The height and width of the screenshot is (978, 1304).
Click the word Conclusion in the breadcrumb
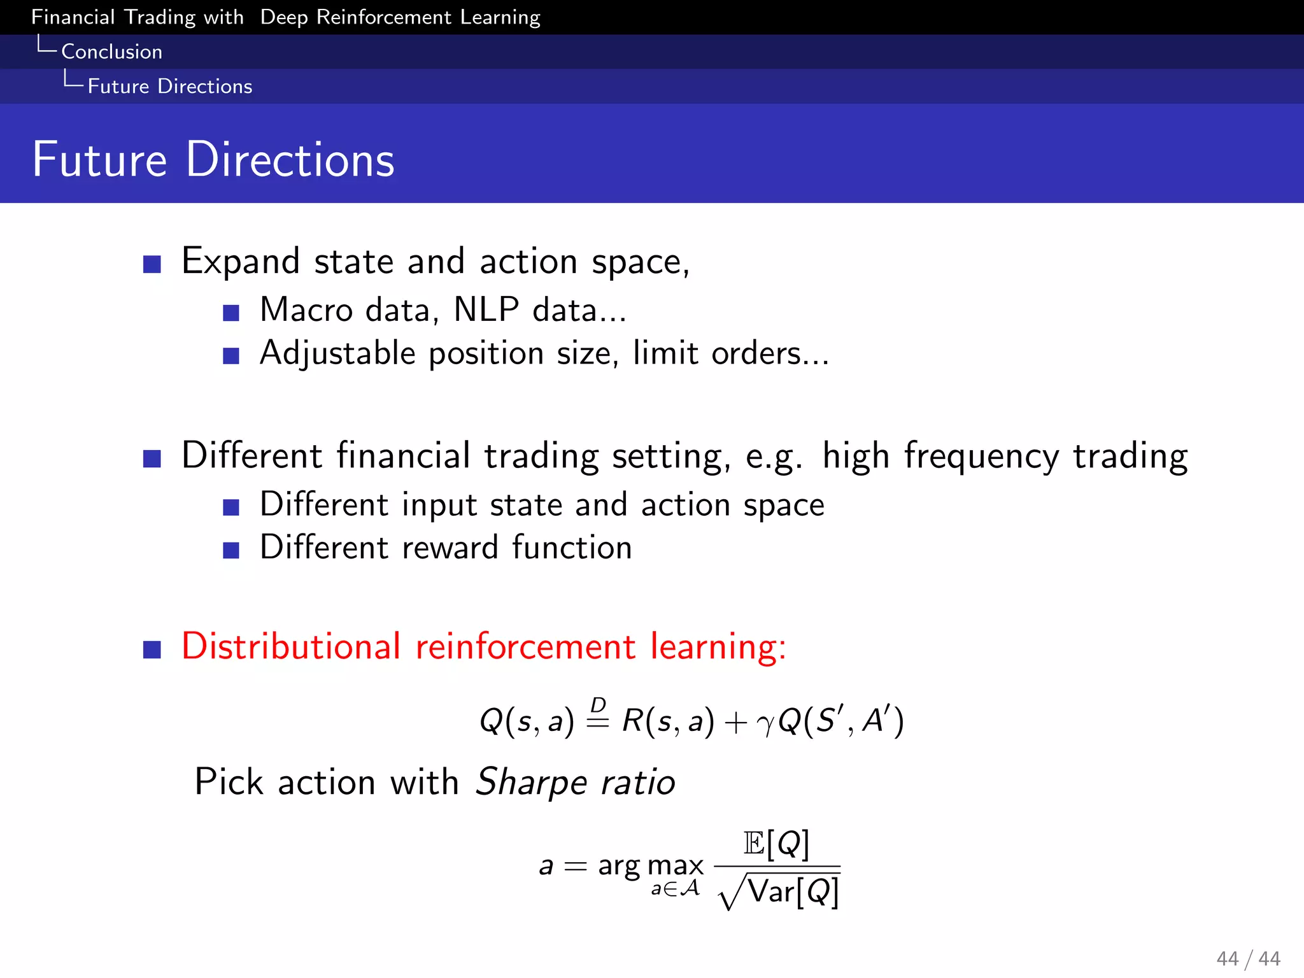111,52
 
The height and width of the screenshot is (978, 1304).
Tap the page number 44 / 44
1248,958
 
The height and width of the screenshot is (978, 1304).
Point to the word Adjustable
337,354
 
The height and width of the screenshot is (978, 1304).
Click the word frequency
981,457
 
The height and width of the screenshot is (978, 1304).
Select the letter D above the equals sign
598,705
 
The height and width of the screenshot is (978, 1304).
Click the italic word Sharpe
531,783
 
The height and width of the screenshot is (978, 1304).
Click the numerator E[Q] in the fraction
776,844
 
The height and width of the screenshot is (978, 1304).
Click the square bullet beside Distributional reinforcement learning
152,649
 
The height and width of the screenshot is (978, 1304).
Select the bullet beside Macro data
231,313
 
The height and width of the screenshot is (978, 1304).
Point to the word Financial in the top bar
73,17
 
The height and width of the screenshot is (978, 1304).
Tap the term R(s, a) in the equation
667,721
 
